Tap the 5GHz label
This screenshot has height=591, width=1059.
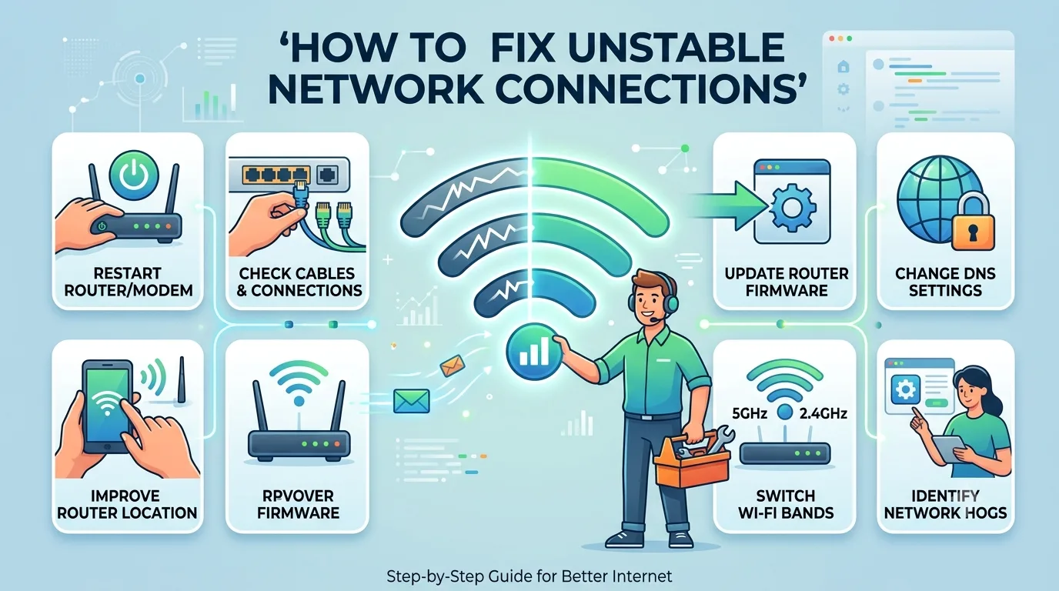[750, 414]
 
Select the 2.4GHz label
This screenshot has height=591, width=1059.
[823, 414]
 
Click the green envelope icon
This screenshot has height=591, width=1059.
[411, 400]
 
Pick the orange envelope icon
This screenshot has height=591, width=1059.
[452, 365]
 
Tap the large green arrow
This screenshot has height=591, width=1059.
[728, 206]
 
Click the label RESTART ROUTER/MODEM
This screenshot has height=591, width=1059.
[128, 282]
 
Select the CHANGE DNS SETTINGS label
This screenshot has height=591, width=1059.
[945, 282]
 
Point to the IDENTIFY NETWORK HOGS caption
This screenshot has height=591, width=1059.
[945, 504]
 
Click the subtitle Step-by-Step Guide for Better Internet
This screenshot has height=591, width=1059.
[529, 576]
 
